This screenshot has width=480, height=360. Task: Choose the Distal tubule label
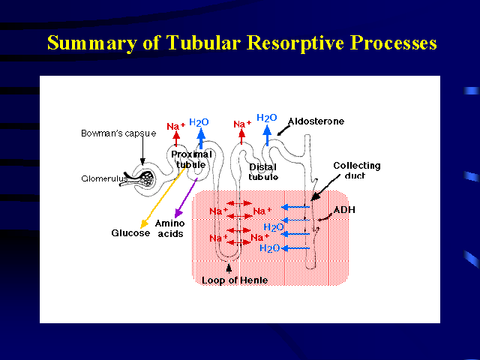click(x=263, y=172)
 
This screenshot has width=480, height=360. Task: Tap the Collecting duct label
click(x=356, y=171)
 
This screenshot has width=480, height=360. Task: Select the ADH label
click(x=344, y=210)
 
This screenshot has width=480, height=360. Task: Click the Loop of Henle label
click(x=234, y=281)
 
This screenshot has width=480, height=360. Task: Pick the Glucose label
click(x=130, y=232)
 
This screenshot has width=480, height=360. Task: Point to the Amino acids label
click(x=169, y=228)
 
